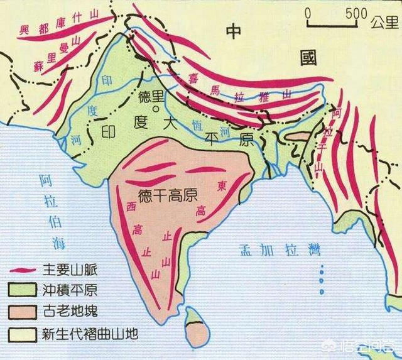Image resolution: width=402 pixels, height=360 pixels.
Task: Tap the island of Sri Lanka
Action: click(196, 327)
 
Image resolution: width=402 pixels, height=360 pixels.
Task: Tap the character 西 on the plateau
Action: click(131, 206)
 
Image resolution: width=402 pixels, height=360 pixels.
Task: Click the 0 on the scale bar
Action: click(307, 13)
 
